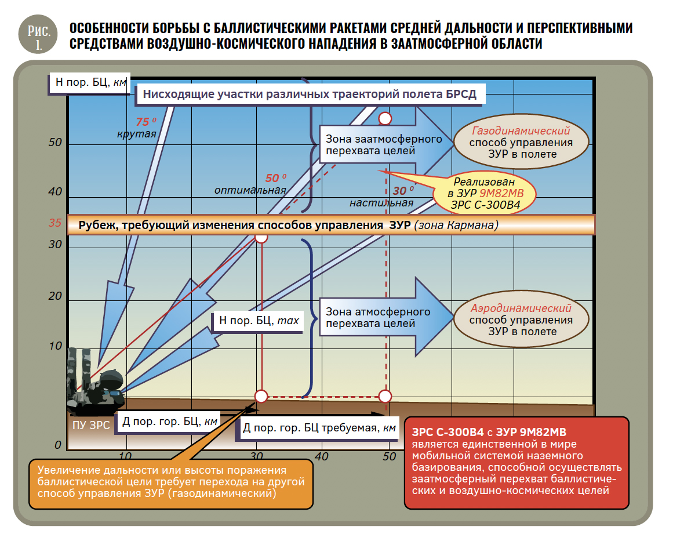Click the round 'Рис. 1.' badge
[x=38, y=34]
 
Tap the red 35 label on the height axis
[x=55, y=223]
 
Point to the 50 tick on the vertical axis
[x=56, y=143]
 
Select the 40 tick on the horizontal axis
[x=321, y=456]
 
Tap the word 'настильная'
[x=381, y=203]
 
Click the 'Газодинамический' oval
[x=521, y=141]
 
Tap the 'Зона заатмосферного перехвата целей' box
[x=383, y=144]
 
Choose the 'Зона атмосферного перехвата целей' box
[x=378, y=317]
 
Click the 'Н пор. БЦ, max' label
[x=259, y=320]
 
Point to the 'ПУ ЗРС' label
[x=91, y=425]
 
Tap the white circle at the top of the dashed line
[x=385, y=118]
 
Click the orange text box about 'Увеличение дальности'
[x=171, y=484]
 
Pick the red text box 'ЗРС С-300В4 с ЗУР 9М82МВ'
[x=516, y=463]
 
